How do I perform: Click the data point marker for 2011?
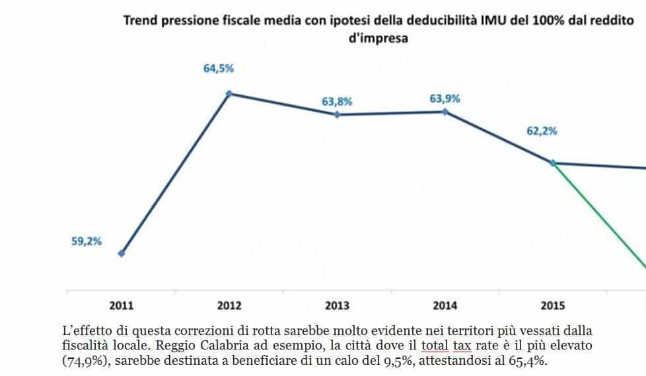121,254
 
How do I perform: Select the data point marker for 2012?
229,94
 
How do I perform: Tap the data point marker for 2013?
337,114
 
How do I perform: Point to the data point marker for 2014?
445,111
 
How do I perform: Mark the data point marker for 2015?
553,163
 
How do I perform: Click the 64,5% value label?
219,69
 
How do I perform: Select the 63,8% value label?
337,101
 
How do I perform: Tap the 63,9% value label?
445,98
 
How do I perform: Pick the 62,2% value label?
542,131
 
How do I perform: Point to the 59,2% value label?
87,241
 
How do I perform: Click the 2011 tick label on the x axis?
122,305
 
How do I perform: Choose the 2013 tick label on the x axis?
337,305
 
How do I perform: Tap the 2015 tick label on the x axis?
553,305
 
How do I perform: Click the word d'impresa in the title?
378,38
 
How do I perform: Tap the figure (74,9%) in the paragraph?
87,361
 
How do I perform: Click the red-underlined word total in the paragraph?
435,346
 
